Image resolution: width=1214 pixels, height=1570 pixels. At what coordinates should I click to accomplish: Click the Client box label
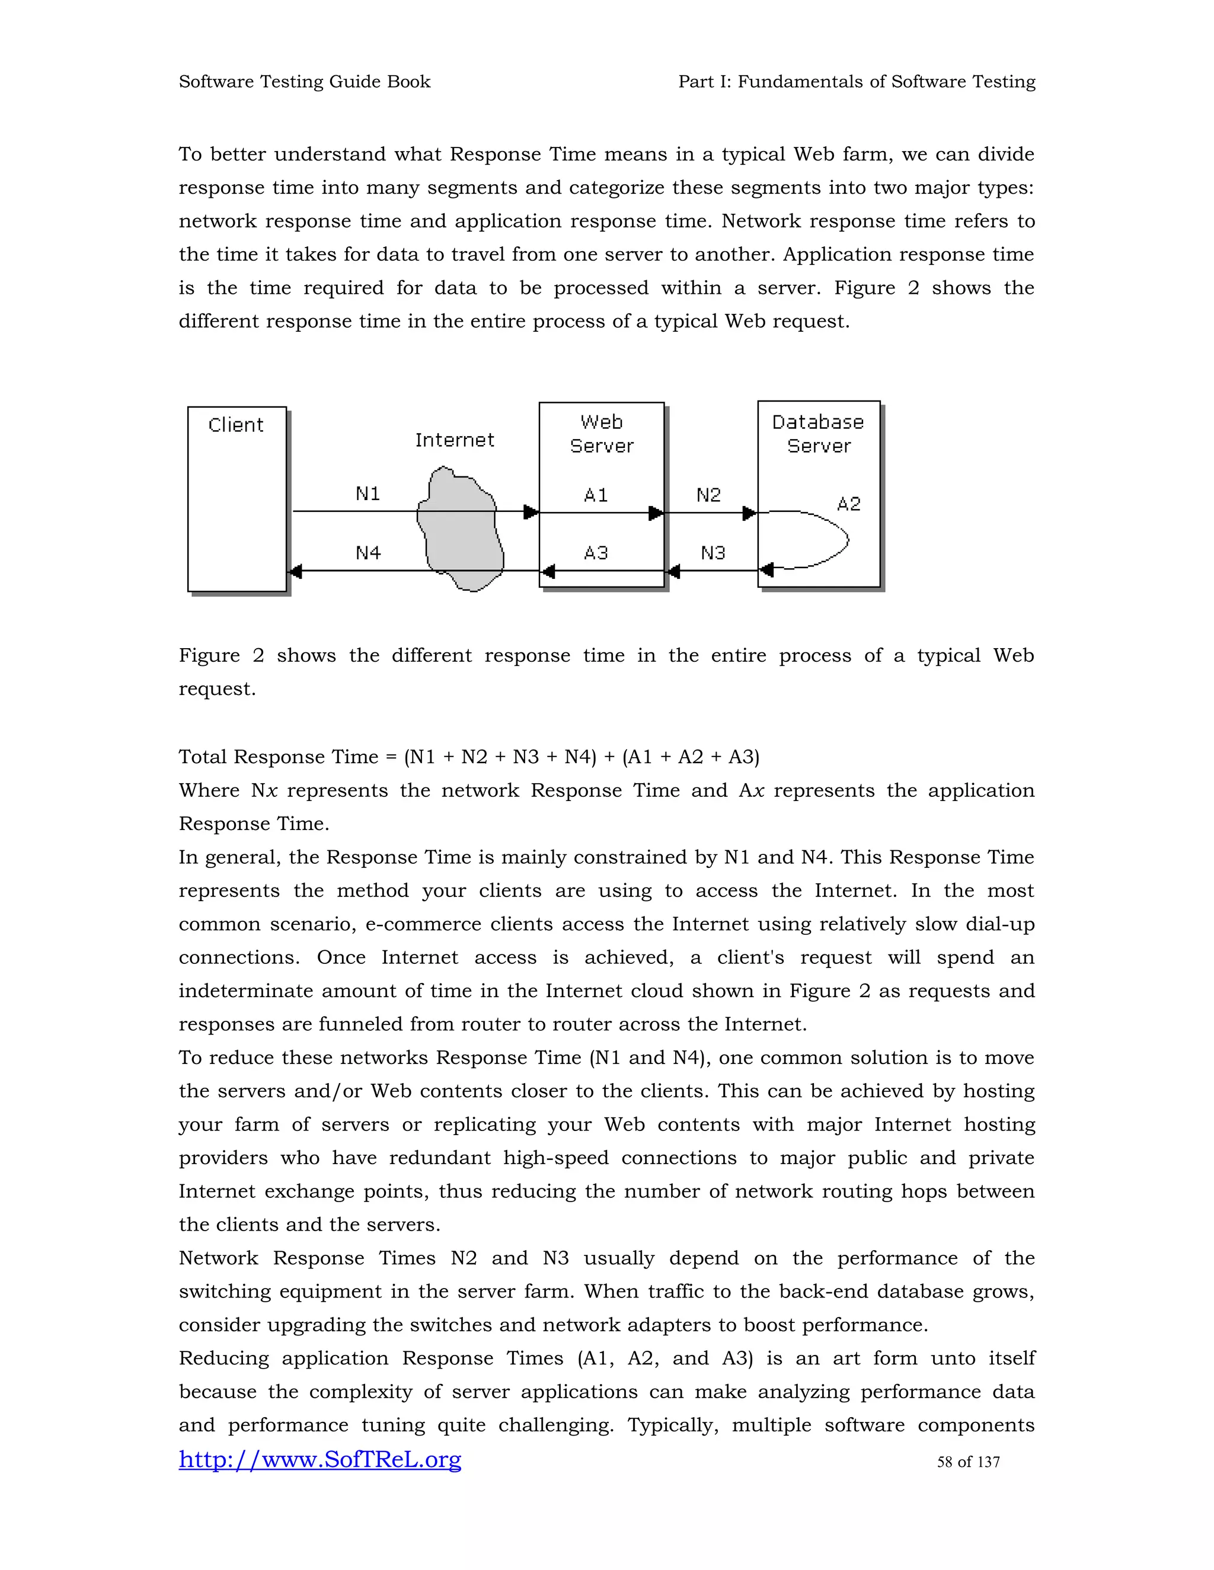pyautogui.click(x=236, y=425)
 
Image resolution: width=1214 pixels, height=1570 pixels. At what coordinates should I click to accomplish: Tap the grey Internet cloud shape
pyautogui.click(x=460, y=532)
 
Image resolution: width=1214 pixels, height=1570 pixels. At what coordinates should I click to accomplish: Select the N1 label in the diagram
pyautogui.click(x=368, y=494)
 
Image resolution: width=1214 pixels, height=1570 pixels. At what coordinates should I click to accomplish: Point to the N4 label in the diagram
pyautogui.click(x=368, y=553)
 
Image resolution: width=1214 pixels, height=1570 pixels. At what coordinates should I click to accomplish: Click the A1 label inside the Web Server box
pyautogui.click(x=596, y=495)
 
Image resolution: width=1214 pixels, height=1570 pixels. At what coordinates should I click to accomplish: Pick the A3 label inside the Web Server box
pyautogui.click(x=596, y=553)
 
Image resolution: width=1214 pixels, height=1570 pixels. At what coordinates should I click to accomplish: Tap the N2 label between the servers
pyautogui.click(x=708, y=495)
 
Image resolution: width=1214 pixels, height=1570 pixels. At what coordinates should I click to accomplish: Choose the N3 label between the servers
pyautogui.click(x=713, y=553)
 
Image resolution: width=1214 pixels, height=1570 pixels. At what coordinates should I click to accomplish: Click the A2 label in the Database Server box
pyautogui.click(x=849, y=504)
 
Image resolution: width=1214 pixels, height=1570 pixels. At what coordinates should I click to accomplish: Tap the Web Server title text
pyautogui.click(x=601, y=434)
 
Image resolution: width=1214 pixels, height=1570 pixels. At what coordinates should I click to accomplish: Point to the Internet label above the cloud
pyautogui.click(x=455, y=440)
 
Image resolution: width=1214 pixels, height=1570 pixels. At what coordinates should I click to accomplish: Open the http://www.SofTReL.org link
pyautogui.click(x=320, y=1459)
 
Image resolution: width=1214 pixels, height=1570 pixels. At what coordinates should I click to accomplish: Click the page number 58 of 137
pyautogui.click(x=968, y=1462)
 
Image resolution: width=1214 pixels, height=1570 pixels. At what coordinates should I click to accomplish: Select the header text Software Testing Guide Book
pyautogui.click(x=304, y=81)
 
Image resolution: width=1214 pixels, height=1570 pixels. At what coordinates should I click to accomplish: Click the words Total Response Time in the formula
pyautogui.click(x=279, y=757)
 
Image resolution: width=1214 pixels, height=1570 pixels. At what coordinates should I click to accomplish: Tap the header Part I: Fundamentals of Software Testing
pyautogui.click(x=857, y=81)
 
